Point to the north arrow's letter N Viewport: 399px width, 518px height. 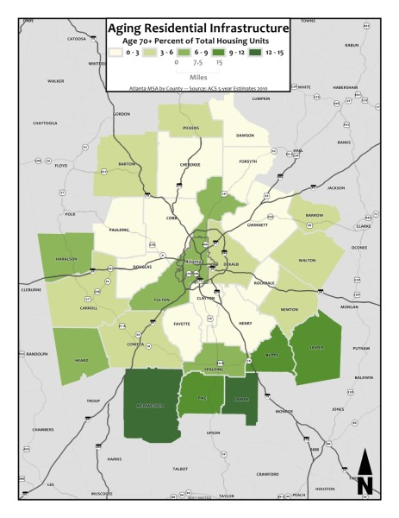point(365,485)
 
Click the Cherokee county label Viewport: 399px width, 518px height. point(190,164)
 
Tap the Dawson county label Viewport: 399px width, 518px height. point(246,136)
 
